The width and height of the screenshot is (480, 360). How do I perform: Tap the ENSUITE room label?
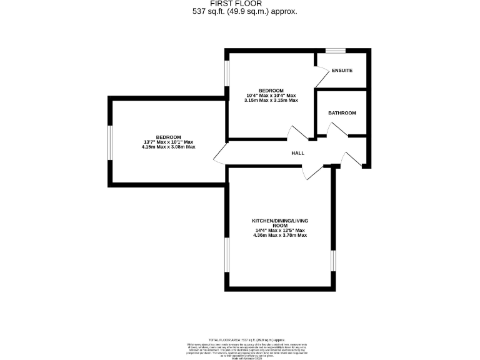[x=342, y=71]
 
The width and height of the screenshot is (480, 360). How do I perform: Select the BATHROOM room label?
[x=342, y=113]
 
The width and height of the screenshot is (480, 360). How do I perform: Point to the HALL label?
[x=297, y=153]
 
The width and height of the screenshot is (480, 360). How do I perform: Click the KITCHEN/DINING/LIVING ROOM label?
[x=279, y=224]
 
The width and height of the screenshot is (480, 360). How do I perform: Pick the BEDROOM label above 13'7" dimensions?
[x=169, y=137]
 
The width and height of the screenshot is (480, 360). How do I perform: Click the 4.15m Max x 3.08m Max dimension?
[x=169, y=147]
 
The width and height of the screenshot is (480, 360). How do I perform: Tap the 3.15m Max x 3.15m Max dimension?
[x=271, y=100]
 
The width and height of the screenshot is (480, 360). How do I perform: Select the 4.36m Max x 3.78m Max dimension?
[x=279, y=236]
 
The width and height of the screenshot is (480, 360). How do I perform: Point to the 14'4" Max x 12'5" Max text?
[x=279, y=231]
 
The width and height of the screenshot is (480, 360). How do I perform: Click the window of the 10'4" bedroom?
[x=227, y=72]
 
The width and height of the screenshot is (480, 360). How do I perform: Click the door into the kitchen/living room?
[x=312, y=172]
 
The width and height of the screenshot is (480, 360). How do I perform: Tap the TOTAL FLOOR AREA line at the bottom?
[x=239, y=338]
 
